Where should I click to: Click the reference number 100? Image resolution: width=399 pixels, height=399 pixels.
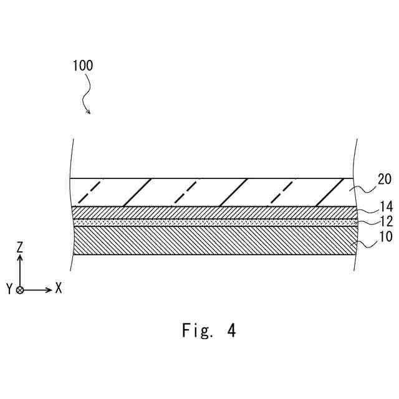82,65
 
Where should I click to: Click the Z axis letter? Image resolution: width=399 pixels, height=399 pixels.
20,248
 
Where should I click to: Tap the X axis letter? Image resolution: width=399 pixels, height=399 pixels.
59,288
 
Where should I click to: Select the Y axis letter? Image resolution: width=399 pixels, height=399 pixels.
9,289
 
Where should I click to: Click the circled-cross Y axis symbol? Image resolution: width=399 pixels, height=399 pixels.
20,290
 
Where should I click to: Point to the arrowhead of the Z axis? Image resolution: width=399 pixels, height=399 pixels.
20,257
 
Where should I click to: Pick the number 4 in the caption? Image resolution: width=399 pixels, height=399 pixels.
231,330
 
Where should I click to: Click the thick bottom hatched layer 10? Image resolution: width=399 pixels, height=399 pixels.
212,241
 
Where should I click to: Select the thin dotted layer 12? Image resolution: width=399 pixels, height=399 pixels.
212,222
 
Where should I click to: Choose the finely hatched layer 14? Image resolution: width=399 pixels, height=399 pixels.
212,212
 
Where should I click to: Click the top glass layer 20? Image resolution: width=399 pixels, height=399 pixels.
212,192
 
